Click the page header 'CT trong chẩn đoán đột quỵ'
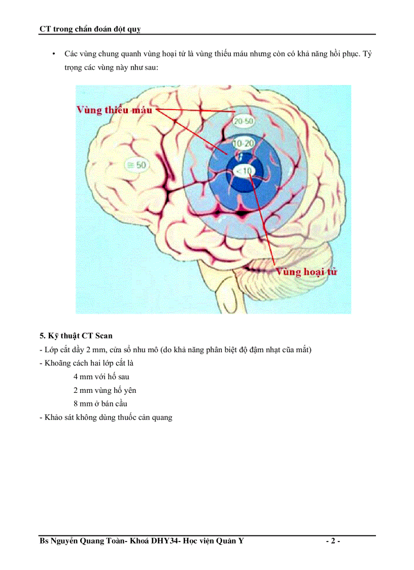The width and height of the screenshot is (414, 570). tap(90, 29)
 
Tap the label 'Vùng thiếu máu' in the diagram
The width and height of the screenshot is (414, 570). tap(116, 110)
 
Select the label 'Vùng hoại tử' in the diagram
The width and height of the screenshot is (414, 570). tap(306, 272)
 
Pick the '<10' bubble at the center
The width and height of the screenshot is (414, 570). tap(244, 172)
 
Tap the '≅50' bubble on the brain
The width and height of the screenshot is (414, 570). tap(136, 164)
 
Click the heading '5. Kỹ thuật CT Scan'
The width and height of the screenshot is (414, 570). tap(76, 336)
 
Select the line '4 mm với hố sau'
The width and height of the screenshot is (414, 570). tap(101, 377)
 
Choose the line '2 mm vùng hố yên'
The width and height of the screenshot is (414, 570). tap(105, 390)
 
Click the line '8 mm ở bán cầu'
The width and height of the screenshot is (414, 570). tap(100, 404)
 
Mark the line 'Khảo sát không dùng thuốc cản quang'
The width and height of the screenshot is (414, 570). tap(106, 418)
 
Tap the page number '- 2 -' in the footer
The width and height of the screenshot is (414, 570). tap(332, 541)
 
